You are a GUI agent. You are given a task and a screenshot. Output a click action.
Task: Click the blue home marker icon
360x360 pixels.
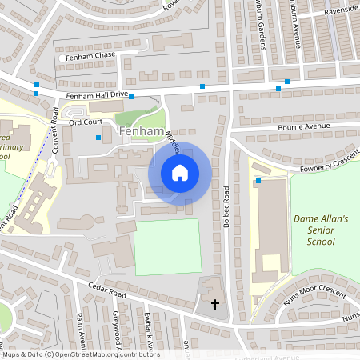point(179,172)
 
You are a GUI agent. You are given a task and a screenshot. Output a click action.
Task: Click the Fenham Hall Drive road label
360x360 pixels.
point(98,94)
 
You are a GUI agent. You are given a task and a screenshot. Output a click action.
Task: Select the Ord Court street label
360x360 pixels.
point(85,122)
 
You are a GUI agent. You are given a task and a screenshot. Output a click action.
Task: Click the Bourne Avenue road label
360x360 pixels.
point(303,126)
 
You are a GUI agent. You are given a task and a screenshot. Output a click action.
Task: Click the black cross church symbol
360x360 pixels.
point(214,304)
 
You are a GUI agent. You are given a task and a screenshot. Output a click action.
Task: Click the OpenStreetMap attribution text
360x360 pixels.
point(80,354)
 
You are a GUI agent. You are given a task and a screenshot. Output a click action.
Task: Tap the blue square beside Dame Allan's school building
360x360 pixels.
point(258,182)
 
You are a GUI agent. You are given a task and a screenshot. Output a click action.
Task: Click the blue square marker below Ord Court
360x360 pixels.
point(98,138)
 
